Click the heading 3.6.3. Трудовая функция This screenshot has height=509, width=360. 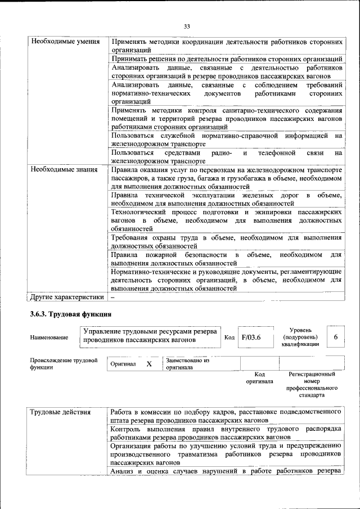click(71, 314)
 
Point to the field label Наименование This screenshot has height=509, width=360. click(49, 337)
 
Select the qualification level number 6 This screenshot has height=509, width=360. click(335, 337)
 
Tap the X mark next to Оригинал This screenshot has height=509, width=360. click(149, 364)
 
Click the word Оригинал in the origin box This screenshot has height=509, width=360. click(123, 364)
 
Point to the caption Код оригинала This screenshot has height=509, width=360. click(259, 377)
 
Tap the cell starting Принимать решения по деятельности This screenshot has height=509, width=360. click(227, 58)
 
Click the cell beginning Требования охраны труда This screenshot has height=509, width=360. click(227, 242)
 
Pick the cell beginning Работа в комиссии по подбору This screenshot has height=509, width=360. click(227, 416)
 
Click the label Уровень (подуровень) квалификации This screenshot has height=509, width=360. click(301, 337)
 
